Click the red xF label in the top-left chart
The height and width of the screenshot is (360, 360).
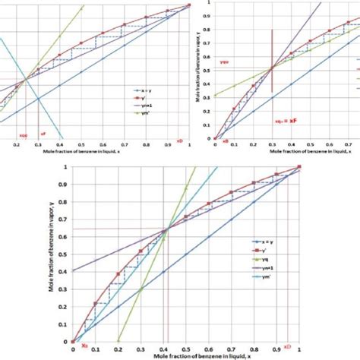point(43,133)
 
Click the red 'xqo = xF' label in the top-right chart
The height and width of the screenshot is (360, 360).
point(286,120)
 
